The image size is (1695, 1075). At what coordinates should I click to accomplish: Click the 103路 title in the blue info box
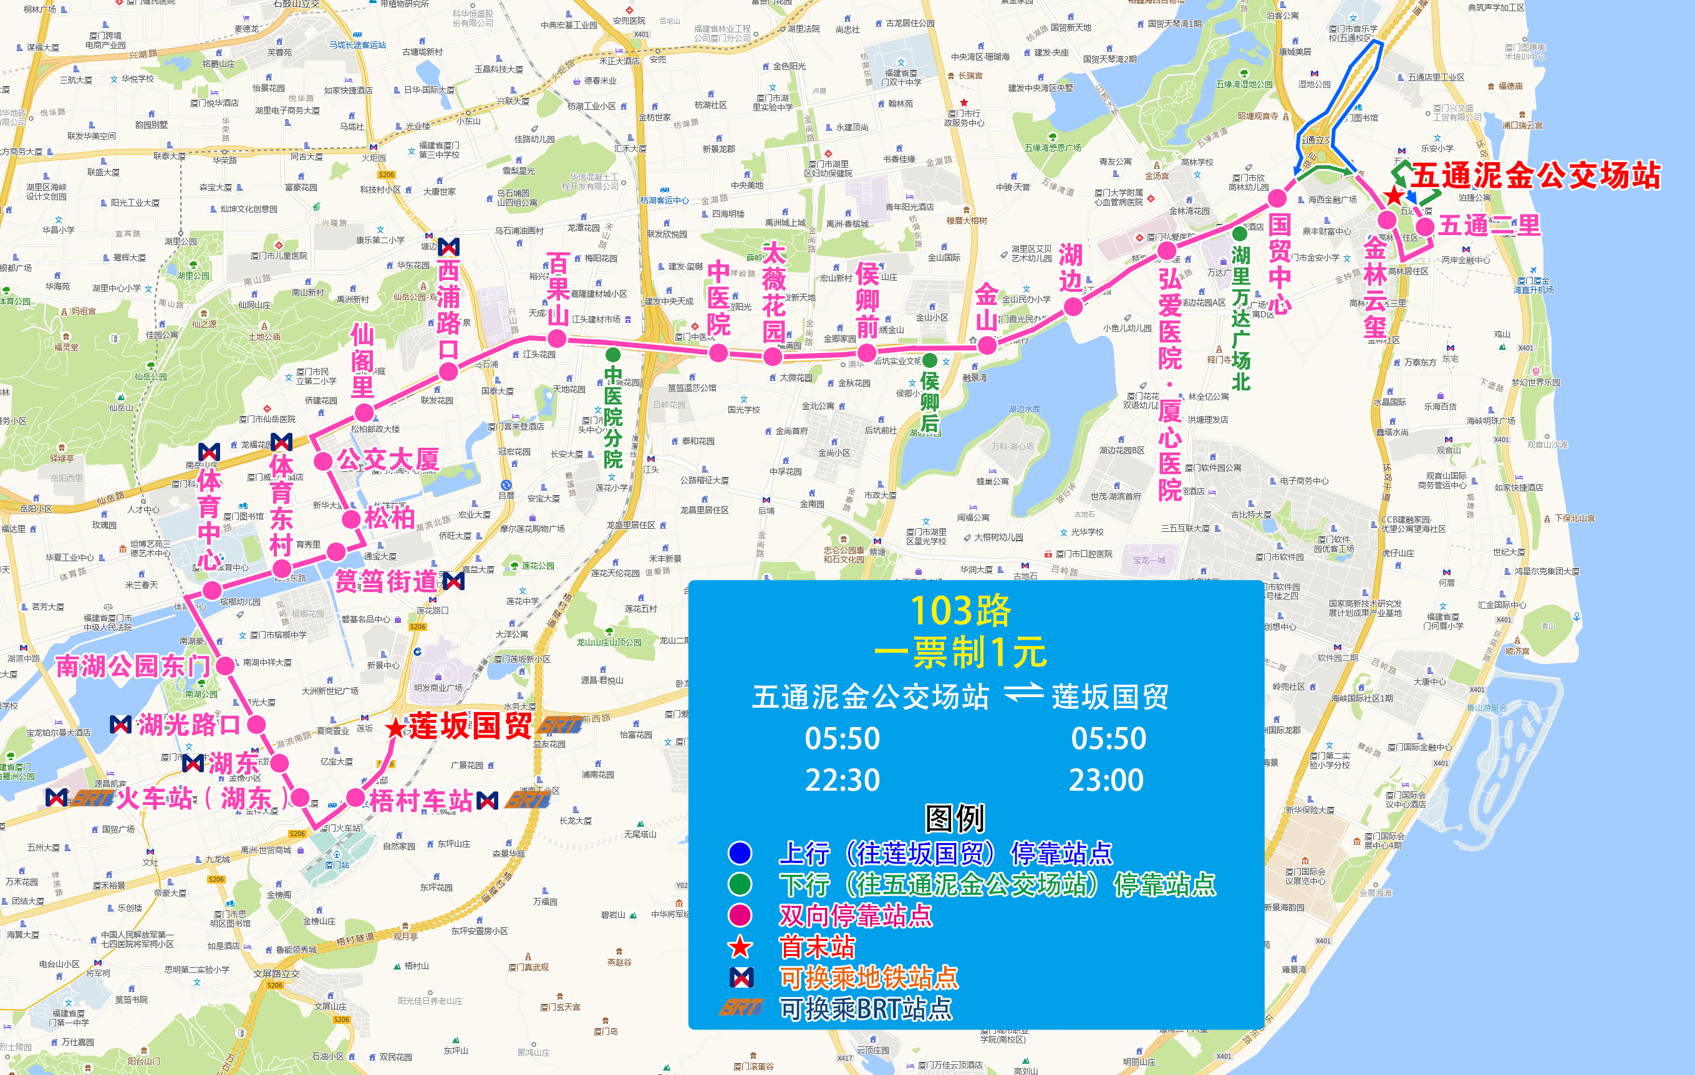coord(960,610)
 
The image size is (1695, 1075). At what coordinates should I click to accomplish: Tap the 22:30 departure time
coord(842,780)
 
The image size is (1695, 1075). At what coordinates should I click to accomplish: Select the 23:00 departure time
coord(1106,780)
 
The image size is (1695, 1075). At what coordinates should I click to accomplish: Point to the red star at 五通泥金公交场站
coord(1394,196)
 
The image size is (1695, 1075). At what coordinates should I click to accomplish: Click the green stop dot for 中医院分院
coord(613,354)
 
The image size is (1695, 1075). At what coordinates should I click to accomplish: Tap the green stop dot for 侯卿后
coord(930,360)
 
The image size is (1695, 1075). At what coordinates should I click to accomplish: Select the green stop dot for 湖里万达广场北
coord(1240,234)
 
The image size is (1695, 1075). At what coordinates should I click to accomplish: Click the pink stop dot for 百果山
coord(557,339)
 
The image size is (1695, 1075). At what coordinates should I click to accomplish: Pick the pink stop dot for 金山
coord(987,345)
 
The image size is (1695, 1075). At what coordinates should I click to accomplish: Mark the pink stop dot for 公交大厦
coord(323,461)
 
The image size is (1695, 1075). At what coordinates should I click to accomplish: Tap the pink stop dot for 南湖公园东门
coord(225,665)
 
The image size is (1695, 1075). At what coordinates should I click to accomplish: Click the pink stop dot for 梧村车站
coord(356,798)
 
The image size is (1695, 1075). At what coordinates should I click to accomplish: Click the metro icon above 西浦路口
coord(448,246)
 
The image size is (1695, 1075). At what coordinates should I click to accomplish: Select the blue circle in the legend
coord(740,853)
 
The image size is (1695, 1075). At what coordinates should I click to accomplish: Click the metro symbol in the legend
coord(740,977)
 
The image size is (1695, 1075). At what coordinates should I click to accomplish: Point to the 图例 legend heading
coord(955,818)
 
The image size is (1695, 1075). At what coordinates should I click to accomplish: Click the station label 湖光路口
coord(189,725)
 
